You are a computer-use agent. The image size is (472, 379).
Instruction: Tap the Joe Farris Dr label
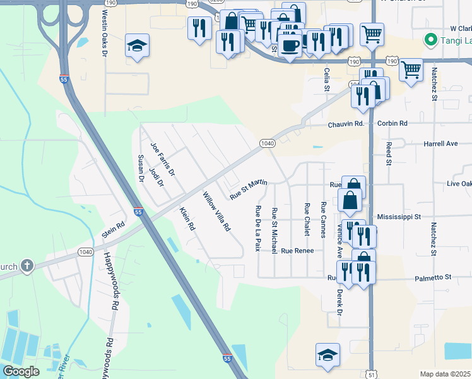pyautogui.click(x=162, y=159)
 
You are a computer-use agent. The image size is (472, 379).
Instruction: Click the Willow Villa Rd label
pyautogui.click(x=216, y=212)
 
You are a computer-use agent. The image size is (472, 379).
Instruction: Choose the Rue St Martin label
pyautogui.click(x=248, y=189)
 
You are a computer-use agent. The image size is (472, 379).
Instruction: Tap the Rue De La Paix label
pyautogui.click(x=257, y=228)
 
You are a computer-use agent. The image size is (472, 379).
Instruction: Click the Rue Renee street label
pyautogui.click(x=297, y=251)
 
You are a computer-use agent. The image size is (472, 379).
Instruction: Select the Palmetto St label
pyautogui.click(x=434, y=277)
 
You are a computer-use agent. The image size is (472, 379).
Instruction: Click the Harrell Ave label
pyautogui.click(x=440, y=143)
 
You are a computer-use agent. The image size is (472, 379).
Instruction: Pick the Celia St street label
pyautogui.click(x=327, y=80)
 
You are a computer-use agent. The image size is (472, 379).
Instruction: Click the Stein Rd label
pyautogui.click(x=114, y=229)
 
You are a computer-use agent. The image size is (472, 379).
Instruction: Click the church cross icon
pyautogui.click(x=27, y=265)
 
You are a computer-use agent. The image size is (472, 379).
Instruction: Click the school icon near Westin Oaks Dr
pyautogui.click(x=137, y=45)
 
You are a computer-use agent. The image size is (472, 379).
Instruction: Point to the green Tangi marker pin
pyautogui.click(x=431, y=40)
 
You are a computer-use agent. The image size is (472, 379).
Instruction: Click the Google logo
pyautogui.click(x=21, y=371)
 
